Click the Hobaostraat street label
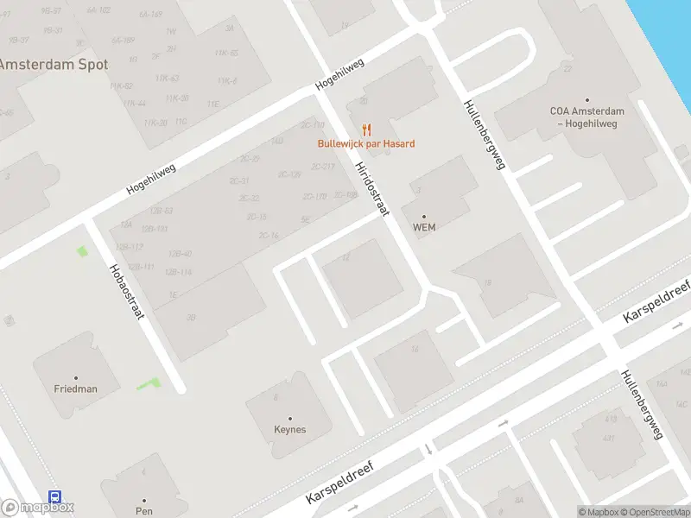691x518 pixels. pyautogui.click(x=125, y=280)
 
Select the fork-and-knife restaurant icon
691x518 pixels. pyautogui.click(x=367, y=130)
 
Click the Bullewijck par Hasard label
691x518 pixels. pyautogui.click(x=365, y=143)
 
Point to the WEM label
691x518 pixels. pyautogui.click(x=423, y=228)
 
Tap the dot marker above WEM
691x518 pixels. pyautogui.click(x=423, y=216)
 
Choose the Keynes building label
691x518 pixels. pyautogui.click(x=290, y=429)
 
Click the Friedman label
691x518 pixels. pyautogui.click(x=76, y=389)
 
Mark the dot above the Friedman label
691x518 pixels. pyautogui.click(x=76, y=377)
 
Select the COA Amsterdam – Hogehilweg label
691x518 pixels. pyautogui.click(x=587, y=117)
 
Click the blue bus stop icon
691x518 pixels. pyautogui.click(x=54, y=498)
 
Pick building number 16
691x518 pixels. pyautogui.click(x=415, y=349)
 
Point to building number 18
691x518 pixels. pyautogui.click(x=488, y=282)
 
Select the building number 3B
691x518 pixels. pyautogui.click(x=191, y=318)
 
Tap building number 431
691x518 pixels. pyautogui.click(x=610, y=439)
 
